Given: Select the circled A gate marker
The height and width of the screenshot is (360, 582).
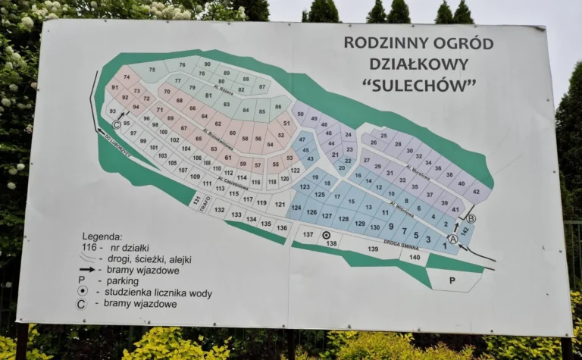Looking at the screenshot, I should coord(453,239).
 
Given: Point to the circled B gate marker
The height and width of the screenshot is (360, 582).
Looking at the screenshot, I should coord(470,218).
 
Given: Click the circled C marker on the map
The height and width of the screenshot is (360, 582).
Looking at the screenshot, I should coord(117,125).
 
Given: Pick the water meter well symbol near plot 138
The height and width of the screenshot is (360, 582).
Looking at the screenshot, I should coord(326,236).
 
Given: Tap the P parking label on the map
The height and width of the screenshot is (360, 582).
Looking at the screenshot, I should coord(452,280).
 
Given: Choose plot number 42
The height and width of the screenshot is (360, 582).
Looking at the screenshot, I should coord(476,192).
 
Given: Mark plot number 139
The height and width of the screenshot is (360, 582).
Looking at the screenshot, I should coord(372,249).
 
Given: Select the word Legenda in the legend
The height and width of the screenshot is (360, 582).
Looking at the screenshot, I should coord(102,236).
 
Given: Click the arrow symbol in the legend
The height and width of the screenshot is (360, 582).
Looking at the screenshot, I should coord(87,269).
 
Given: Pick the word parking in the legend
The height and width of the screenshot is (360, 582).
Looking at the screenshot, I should coord(122,280).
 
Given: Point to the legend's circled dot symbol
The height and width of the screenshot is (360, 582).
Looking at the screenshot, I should coord(83,292).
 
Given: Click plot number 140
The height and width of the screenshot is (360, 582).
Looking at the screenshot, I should coord(414,257).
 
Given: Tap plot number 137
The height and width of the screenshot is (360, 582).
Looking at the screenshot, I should coord(308,234).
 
